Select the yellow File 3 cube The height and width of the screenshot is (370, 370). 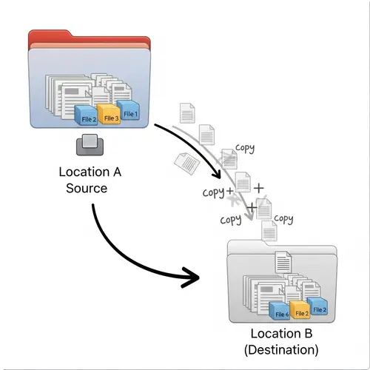(x=110, y=115)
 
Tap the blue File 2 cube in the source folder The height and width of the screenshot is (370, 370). (x=88, y=115)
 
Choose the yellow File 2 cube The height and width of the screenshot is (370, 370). (x=300, y=310)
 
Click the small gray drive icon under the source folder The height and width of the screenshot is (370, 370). (x=90, y=145)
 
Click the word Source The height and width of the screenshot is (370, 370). (x=87, y=189)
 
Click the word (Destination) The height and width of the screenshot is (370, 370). (x=284, y=348)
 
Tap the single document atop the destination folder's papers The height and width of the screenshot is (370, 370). (x=282, y=261)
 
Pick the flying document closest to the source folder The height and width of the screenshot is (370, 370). (x=188, y=114)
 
